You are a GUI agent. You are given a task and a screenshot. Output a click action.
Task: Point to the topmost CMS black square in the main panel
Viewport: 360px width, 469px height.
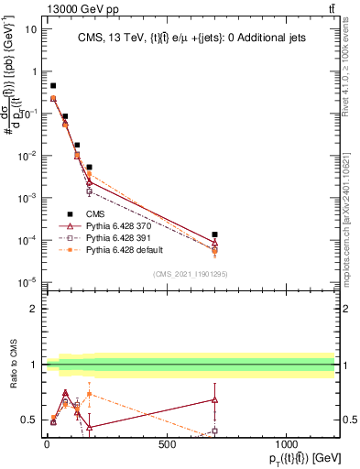click(x=53, y=85)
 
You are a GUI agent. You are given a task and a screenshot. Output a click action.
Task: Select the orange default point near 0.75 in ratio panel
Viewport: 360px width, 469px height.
click(x=89, y=394)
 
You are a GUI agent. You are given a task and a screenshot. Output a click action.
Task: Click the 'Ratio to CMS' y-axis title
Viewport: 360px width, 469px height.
click(x=14, y=365)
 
